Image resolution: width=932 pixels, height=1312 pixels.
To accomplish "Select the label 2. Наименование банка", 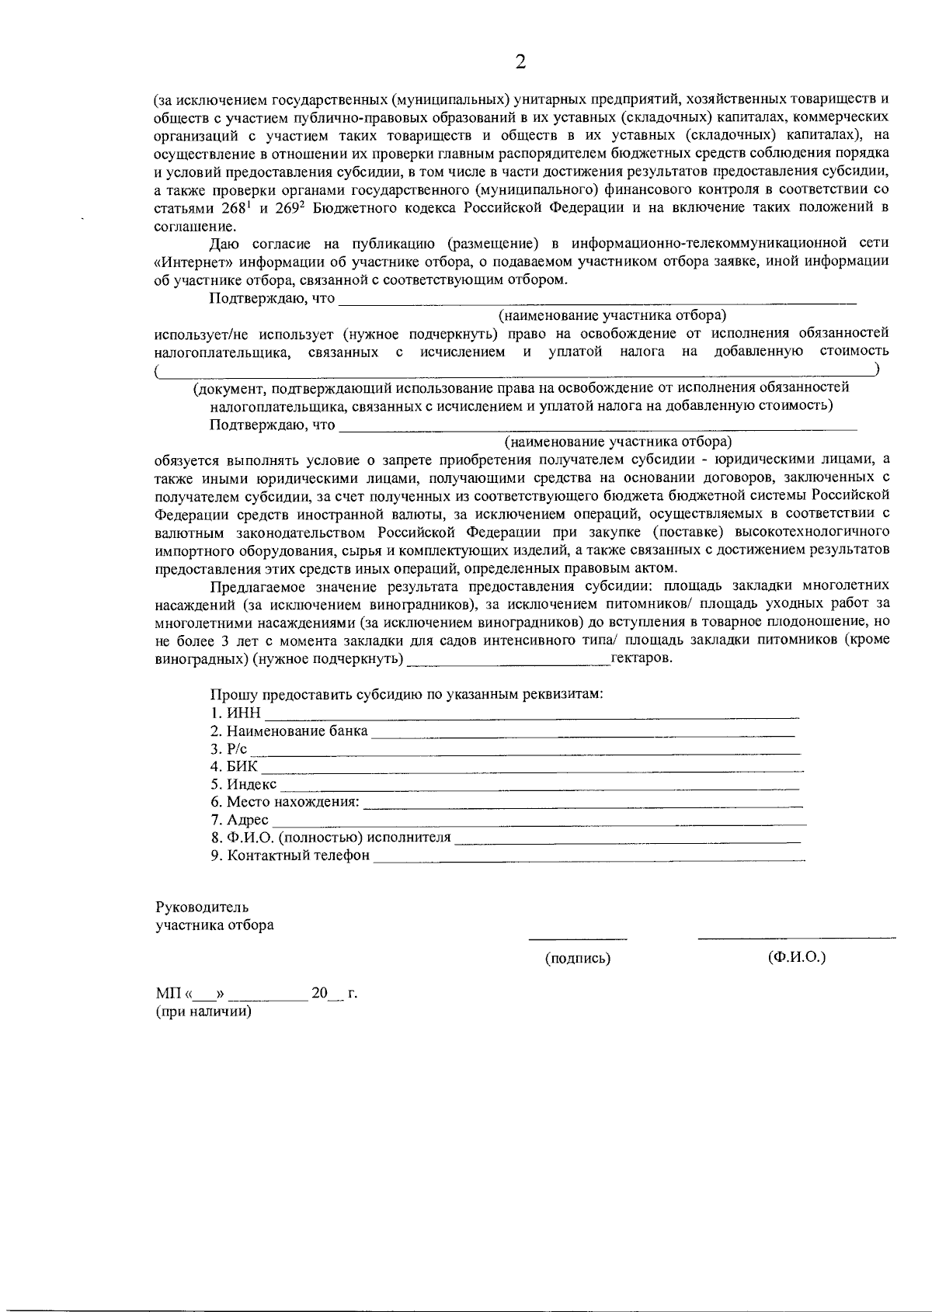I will click(x=289, y=731).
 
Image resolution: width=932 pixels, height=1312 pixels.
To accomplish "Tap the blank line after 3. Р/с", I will click(x=525, y=752).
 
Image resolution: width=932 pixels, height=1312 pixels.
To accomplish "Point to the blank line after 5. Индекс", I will click(x=540, y=787).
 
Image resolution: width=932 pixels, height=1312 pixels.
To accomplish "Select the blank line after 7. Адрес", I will click(x=539, y=822).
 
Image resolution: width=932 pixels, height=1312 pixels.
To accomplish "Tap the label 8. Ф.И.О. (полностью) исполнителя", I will click(x=330, y=838).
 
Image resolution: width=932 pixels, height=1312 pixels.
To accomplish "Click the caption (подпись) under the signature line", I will click(x=578, y=959).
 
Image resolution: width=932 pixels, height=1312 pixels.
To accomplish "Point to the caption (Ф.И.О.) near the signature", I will click(x=796, y=957).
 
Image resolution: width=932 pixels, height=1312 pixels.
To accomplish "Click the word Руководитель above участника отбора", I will click(x=202, y=907).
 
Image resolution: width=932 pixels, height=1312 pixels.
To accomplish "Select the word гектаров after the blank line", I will click(x=641, y=658).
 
